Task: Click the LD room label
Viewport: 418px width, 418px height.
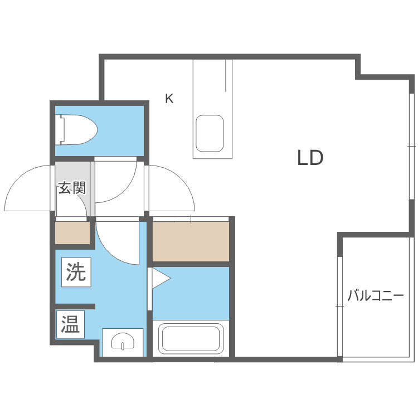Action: click(x=310, y=158)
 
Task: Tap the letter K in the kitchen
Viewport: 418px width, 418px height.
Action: click(x=169, y=98)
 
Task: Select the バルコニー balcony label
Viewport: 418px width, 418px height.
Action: click(x=375, y=295)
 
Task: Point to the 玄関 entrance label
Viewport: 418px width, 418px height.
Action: click(x=72, y=188)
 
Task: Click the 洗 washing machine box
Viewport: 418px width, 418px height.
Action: click(x=76, y=272)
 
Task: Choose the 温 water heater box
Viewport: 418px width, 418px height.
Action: click(x=70, y=324)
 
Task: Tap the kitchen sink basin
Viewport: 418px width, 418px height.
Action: click(x=210, y=134)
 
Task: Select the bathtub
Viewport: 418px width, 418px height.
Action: click(x=191, y=338)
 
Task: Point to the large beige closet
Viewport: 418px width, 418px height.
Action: click(x=191, y=241)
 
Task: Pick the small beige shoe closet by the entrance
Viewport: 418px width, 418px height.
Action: click(x=72, y=233)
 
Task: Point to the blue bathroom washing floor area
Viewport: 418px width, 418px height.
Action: click(x=191, y=293)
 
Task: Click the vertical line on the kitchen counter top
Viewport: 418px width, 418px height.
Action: click(x=226, y=75)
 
